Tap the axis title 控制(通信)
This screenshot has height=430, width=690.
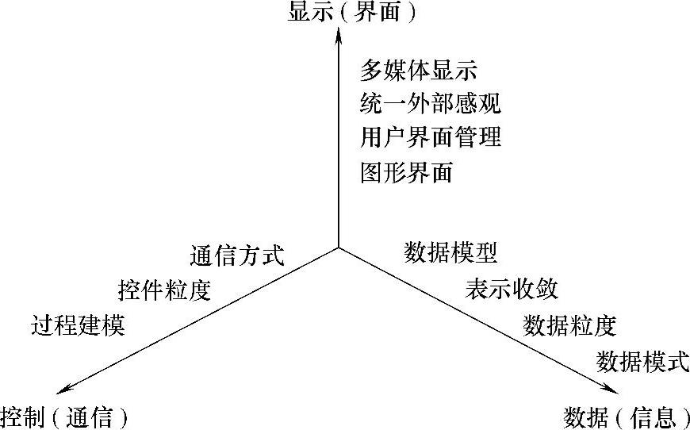(64, 415)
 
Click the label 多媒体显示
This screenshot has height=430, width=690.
(419, 71)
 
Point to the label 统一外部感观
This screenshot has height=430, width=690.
(431, 103)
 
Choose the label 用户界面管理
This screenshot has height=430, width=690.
(431, 136)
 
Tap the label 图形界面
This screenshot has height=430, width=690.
(407, 171)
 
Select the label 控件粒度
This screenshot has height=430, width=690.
(164, 290)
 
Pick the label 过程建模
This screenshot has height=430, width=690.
(79, 325)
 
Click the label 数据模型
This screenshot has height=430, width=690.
(450, 253)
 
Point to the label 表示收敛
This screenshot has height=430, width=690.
(512, 289)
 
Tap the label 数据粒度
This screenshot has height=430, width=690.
(570, 324)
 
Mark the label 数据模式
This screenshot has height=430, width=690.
(642, 361)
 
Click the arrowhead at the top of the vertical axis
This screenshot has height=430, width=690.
(339, 36)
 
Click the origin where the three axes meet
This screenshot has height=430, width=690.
(339, 248)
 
